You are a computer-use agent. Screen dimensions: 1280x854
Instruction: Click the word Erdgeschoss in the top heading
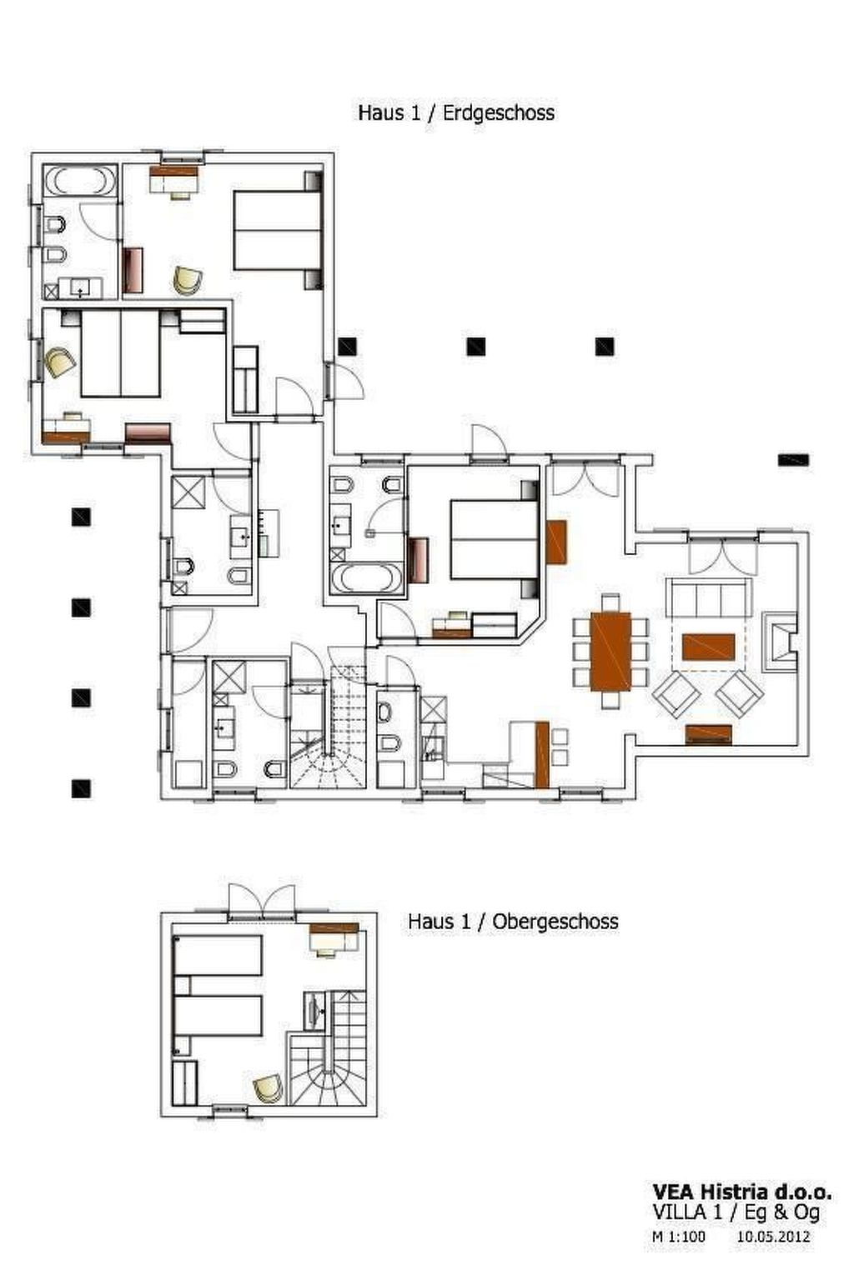coord(498,112)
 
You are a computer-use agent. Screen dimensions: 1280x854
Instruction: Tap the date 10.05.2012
coord(772,1237)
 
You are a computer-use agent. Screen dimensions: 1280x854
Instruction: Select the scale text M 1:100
coord(678,1237)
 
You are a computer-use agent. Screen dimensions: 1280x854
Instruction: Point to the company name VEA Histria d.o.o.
coord(741,1192)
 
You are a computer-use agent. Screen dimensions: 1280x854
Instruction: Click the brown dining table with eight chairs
coord(610,651)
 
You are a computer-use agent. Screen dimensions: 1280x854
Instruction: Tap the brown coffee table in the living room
coord(708,646)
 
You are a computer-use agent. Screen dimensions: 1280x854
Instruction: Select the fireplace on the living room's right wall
coord(779,641)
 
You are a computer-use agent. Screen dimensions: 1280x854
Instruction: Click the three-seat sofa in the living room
coord(708,597)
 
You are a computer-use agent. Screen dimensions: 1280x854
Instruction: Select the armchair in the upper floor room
coord(266,1087)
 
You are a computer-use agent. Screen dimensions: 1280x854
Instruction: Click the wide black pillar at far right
coord(793,459)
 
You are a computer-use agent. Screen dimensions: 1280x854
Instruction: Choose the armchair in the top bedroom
coord(188,280)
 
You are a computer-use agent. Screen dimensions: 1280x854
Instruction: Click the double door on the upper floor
coord(261,902)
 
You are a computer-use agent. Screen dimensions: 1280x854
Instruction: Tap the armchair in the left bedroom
coord(59,362)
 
